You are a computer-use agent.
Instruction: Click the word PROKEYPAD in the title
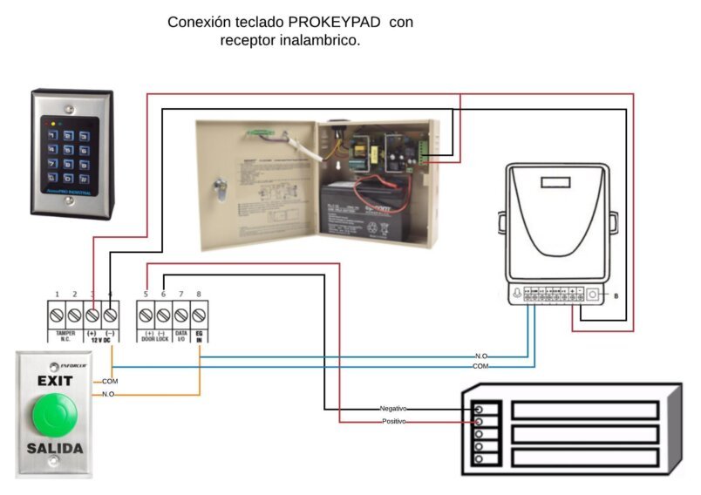335,22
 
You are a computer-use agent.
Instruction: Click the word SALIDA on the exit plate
54,449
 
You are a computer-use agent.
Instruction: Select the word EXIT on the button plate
54,381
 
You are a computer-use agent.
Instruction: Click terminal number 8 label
199,295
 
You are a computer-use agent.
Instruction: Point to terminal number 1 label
57,295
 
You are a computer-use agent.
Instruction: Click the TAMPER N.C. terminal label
65,336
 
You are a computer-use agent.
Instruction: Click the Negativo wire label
393,408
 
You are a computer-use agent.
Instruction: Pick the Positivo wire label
393,422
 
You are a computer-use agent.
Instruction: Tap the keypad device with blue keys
71,152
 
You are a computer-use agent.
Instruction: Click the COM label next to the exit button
110,381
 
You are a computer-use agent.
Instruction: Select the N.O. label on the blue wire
481,356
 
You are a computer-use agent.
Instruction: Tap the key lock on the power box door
221,184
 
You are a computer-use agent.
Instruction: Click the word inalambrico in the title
315,40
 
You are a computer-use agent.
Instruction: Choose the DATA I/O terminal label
181,336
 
